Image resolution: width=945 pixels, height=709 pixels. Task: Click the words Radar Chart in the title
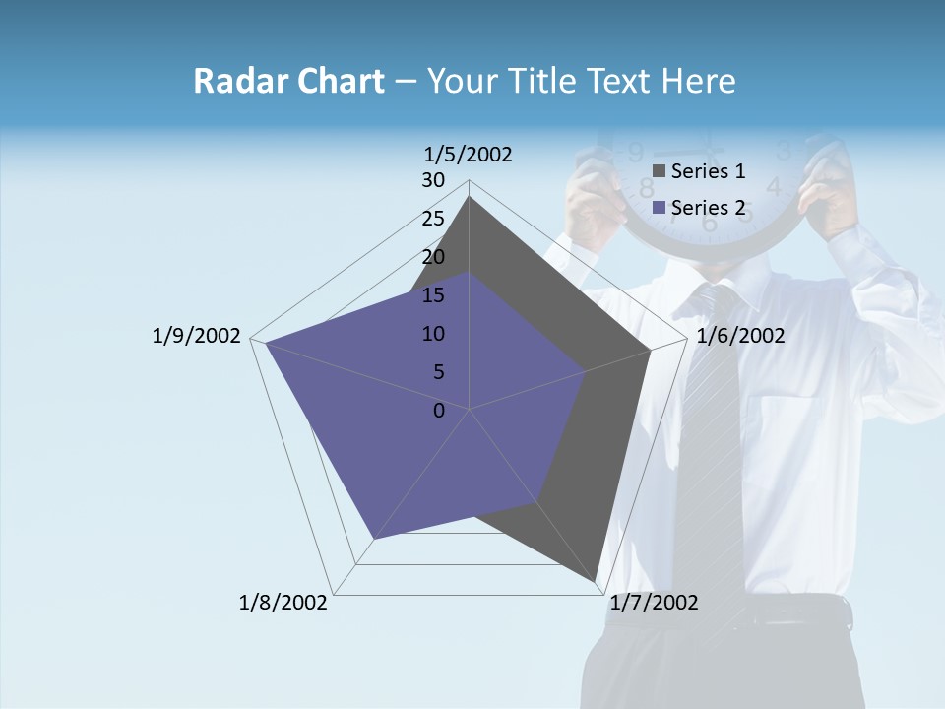(x=288, y=81)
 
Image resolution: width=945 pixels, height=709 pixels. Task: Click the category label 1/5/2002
(x=469, y=154)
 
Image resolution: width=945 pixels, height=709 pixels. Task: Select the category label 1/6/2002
(x=740, y=336)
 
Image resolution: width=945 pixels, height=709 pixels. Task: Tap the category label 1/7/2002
(x=654, y=603)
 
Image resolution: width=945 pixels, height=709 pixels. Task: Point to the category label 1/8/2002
(x=283, y=603)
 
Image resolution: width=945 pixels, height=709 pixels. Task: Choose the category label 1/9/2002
(x=197, y=336)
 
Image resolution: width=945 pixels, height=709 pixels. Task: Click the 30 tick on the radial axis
(x=433, y=180)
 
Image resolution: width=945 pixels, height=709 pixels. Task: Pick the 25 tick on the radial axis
(x=433, y=219)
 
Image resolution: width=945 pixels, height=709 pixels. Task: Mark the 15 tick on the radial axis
(x=433, y=295)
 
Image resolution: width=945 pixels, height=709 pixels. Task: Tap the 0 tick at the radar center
(x=439, y=411)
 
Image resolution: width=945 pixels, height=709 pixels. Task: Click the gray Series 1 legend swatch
(x=660, y=172)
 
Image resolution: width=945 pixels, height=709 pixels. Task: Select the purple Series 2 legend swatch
(x=660, y=208)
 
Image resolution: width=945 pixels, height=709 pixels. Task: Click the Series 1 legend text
(x=708, y=171)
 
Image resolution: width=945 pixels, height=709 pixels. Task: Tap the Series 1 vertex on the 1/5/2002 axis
(x=470, y=197)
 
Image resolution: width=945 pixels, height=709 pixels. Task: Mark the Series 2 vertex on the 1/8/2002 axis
(x=374, y=539)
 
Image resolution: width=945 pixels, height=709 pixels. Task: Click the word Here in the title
(x=698, y=81)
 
